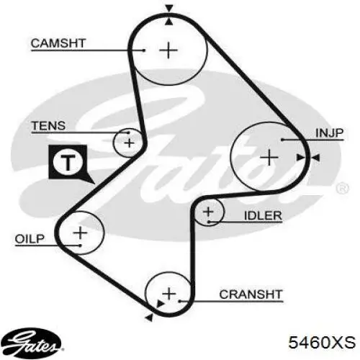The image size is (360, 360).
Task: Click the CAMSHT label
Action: [58, 43]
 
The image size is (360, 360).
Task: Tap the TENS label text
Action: [48, 126]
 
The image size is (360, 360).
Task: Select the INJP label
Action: [330, 133]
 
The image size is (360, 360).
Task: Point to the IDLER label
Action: [263, 215]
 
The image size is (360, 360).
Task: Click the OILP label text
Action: [30, 239]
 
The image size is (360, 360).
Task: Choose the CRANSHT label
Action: [251, 294]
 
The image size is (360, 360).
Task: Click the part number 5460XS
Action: [322, 342]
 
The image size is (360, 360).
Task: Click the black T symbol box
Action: [69, 163]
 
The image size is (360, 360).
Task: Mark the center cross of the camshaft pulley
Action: [168, 50]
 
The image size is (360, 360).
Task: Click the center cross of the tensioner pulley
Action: [130, 143]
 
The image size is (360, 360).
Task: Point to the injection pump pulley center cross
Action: [269, 158]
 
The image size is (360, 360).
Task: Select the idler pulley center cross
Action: [208, 212]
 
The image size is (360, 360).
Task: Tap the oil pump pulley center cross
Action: [80, 233]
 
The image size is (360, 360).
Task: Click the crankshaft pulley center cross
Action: [169, 294]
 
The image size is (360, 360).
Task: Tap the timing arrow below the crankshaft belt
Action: [150, 318]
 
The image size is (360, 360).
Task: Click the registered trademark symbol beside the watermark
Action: [343, 189]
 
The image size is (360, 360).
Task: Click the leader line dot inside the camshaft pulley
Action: [143, 50]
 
